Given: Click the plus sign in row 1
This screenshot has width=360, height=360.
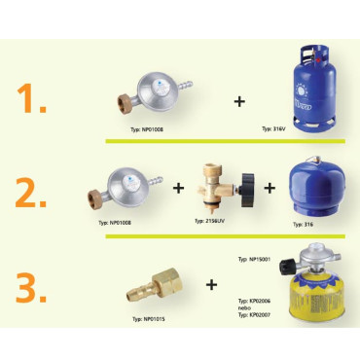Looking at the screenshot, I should click(x=239, y=99).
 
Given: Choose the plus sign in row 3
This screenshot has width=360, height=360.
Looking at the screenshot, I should click(x=211, y=285).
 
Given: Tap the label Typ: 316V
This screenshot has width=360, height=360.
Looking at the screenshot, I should click(x=273, y=127).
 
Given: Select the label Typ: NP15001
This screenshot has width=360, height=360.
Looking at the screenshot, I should click(x=254, y=259).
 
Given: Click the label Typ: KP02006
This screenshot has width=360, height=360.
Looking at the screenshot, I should click(x=254, y=302).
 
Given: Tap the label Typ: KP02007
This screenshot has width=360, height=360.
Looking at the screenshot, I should click(x=254, y=317).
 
